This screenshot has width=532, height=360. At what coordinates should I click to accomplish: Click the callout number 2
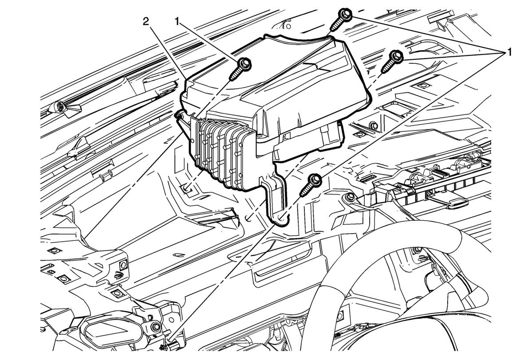(x=146, y=22)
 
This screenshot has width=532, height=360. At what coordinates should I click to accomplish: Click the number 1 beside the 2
(x=177, y=22)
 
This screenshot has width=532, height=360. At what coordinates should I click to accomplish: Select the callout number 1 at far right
(x=509, y=52)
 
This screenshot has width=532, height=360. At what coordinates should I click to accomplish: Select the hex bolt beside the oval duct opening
(x=157, y=327)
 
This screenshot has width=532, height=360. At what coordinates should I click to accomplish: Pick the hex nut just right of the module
(x=372, y=126)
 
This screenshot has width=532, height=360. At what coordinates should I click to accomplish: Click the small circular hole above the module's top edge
(x=288, y=26)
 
